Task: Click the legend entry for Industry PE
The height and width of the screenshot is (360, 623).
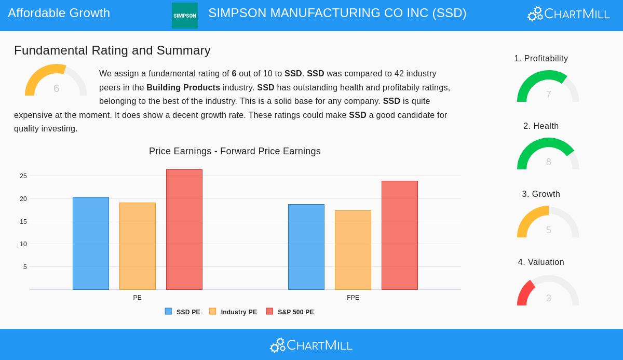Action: [233, 312]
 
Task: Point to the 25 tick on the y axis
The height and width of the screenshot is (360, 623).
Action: [23, 176]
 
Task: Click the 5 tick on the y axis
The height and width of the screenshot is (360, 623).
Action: [25, 267]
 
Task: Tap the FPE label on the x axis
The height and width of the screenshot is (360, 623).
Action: [353, 298]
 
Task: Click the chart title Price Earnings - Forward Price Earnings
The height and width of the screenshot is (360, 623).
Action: [235, 151]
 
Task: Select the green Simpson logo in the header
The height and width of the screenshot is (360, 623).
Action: [185, 16]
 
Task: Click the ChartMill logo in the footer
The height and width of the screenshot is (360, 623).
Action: [311, 345]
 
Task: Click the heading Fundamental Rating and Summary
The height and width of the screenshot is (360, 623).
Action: [112, 50]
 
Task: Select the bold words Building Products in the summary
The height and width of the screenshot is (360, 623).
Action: [183, 87]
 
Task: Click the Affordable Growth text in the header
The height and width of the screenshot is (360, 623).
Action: [59, 13]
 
